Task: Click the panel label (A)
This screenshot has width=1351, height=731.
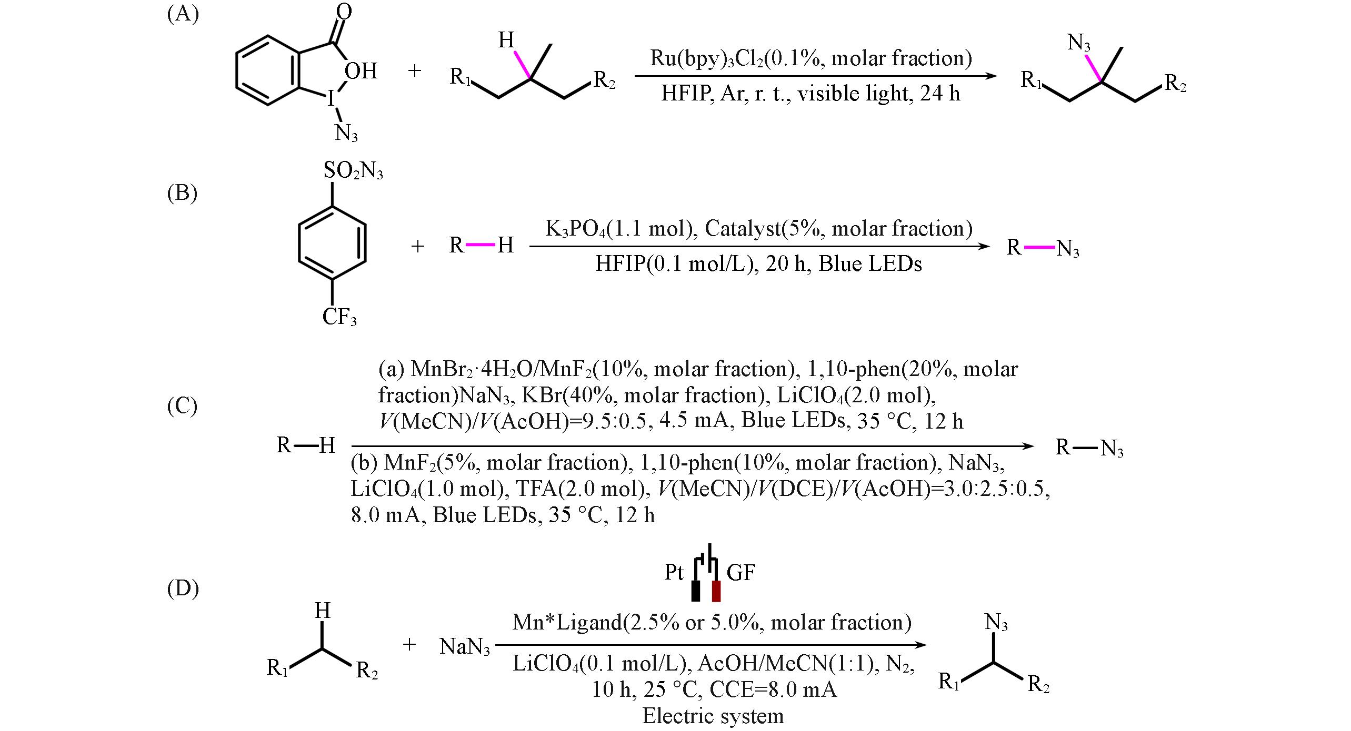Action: (183, 14)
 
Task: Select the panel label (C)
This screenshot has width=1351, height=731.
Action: (182, 405)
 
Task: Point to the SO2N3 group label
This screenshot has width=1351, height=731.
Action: (353, 171)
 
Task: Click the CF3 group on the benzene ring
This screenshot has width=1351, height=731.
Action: (339, 317)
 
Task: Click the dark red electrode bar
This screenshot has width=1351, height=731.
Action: (716, 591)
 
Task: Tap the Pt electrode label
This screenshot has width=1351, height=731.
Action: (674, 572)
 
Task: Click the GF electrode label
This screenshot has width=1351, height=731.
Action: (741, 572)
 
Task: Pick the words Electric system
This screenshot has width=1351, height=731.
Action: (713, 716)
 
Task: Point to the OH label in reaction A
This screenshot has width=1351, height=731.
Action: (361, 71)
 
